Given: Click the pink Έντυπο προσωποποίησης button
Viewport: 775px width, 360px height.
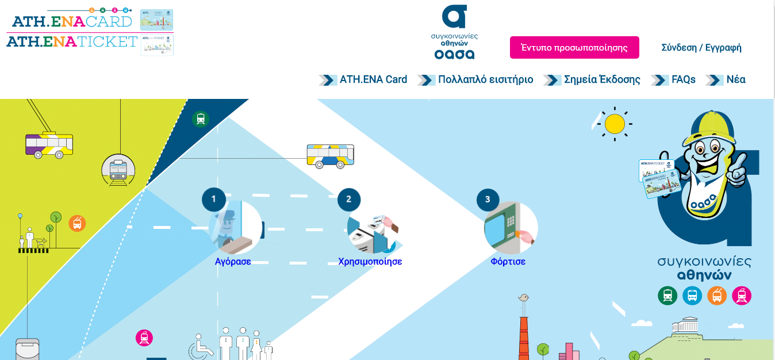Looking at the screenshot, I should coord(574,48).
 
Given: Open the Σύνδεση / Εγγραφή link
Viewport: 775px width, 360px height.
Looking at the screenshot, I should coord(701,48).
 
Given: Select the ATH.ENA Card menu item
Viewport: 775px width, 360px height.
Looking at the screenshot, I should coord(373,80).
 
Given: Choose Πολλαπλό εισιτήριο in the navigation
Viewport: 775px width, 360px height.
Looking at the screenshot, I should coord(485,80).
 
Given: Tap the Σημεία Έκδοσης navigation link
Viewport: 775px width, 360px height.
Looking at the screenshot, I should coord(601,80).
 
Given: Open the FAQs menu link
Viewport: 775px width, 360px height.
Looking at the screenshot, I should coord(683,80).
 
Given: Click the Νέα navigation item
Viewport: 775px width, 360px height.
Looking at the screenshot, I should coord(735,80).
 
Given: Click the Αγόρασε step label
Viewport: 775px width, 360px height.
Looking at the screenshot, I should coord(233,262).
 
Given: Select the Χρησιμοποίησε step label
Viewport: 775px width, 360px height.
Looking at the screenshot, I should coord(370,262).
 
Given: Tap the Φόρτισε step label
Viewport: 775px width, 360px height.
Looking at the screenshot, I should coord(508,262).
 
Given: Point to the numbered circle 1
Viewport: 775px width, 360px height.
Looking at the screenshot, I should coord(214,200).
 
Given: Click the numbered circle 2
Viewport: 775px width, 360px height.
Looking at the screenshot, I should coord(348,200).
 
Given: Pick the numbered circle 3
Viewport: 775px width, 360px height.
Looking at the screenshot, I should coord(488,200).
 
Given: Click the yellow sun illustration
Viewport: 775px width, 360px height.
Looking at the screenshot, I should coord(615,124).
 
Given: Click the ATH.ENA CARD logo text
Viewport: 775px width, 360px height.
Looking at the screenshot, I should coord(72,21).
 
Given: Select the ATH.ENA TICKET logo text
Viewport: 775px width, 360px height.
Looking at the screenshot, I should coord(72,41).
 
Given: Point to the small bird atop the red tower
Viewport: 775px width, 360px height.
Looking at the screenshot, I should coord(523,297).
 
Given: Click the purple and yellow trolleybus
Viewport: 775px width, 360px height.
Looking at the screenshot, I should coord(49,144).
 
